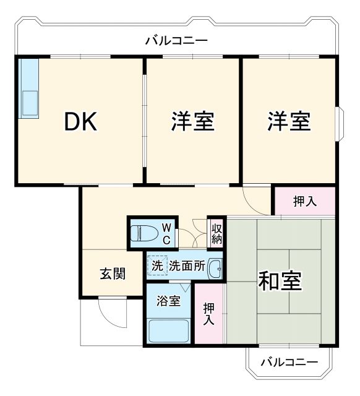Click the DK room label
click(81, 123)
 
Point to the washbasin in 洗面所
click(215, 269)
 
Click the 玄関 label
click(113, 273)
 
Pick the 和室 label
click(280, 281)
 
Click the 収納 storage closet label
click(216, 233)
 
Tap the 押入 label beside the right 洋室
click(304, 201)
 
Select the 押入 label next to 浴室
click(208, 313)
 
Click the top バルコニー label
click(176, 41)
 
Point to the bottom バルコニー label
click(289, 362)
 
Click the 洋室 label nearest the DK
click(192, 121)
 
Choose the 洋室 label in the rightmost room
click(288, 121)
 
